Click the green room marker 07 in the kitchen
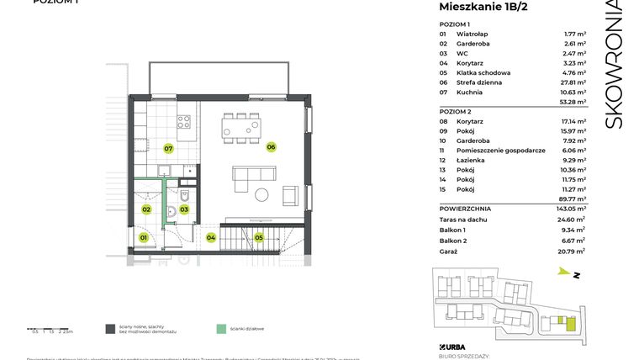pos(168,149)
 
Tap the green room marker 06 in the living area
pos(271,147)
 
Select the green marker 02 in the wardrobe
pos(145,209)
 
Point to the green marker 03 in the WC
pos(183,209)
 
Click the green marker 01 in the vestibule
pos(144,238)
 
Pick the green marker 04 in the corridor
pos(210,238)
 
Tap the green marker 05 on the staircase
pos(259,238)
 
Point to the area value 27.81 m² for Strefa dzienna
pos(574,82)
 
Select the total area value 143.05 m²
pos(573,208)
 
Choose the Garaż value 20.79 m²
pos(573,251)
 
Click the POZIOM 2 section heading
pos(455,112)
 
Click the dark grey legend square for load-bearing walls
pos(110,330)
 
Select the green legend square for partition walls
pos(220,330)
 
